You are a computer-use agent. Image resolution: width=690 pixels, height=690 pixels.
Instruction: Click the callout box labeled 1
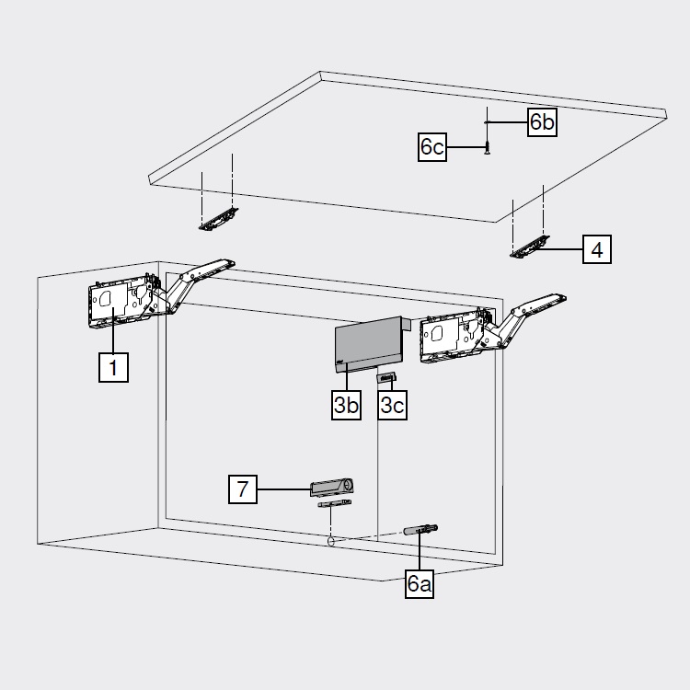(113, 368)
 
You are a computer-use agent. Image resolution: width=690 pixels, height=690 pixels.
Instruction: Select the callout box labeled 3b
(347, 406)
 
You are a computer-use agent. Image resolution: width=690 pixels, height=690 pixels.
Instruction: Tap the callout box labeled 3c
(393, 406)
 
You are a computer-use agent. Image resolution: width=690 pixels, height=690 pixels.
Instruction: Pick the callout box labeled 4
(596, 249)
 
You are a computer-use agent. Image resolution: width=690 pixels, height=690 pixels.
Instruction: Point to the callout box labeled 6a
(420, 583)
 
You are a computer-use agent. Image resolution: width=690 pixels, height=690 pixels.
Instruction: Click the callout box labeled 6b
(542, 122)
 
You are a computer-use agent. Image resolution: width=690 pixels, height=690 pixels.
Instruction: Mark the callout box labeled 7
(243, 489)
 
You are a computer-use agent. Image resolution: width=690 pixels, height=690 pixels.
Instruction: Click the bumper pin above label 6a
(422, 530)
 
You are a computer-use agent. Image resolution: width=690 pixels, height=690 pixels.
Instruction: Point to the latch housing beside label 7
(332, 486)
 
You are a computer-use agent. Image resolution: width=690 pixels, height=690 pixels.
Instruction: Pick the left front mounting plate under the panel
(219, 218)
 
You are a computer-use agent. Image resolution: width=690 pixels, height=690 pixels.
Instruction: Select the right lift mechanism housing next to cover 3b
(446, 339)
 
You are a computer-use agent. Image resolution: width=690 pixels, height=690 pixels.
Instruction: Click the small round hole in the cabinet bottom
(329, 543)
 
